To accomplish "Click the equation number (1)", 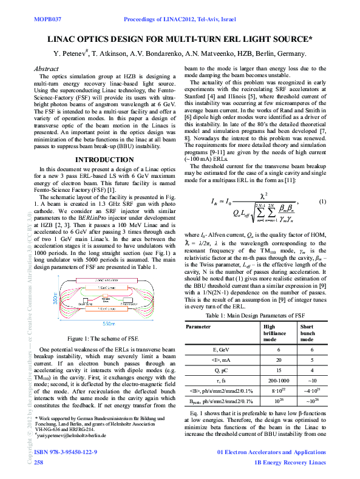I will (x=322, y=201).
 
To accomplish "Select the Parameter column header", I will (x=199, y=326).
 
